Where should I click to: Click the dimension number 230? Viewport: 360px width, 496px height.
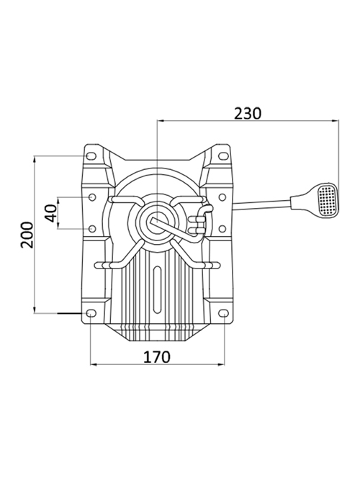click(x=248, y=114)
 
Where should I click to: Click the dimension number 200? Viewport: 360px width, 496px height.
click(x=27, y=235)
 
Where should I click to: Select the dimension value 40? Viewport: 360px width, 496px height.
click(x=50, y=213)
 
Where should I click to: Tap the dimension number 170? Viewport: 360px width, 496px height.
click(x=157, y=357)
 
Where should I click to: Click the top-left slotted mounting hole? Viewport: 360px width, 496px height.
click(x=91, y=156)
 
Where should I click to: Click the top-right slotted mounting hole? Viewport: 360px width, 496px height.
click(x=223, y=156)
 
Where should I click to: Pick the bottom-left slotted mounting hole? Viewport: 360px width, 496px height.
click(x=91, y=313)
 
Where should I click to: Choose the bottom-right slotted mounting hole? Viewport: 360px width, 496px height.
click(x=223, y=313)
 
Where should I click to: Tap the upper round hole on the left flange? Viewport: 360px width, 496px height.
click(x=92, y=197)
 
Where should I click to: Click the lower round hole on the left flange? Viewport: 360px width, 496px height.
click(x=92, y=228)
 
